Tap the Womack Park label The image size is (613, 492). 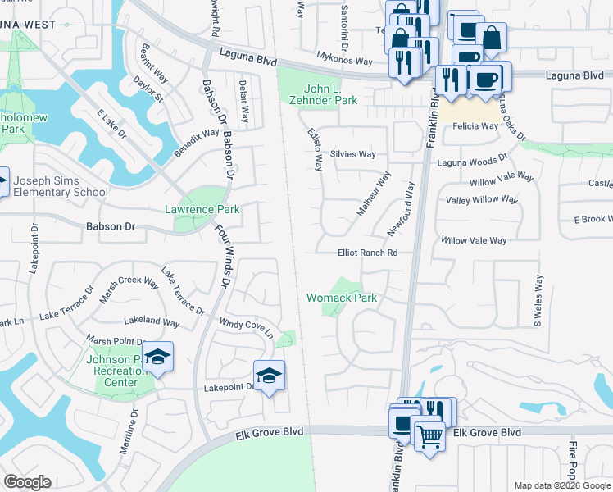[x=342, y=298]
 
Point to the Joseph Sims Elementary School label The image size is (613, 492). [x=61, y=186]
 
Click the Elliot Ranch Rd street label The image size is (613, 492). [x=367, y=253]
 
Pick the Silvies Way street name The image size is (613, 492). [x=352, y=154]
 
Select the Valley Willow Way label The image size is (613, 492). [x=482, y=199]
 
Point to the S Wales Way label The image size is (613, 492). [x=538, y=301]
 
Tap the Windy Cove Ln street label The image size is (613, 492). [x=244, y=326]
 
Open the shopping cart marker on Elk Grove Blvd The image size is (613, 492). [x=429, y=435]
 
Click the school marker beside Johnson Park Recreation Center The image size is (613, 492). [x=158, y=357]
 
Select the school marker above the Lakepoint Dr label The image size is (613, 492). [x=269, y=376]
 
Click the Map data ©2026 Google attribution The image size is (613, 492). [x=561, y=485]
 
